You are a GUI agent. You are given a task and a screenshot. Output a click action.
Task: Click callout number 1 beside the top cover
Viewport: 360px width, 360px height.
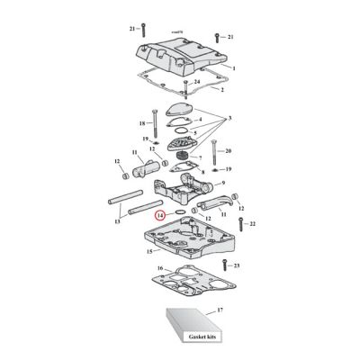pyautogui.click(x=233, y=68)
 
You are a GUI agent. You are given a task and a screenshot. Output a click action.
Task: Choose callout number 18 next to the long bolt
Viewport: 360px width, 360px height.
pyautogui.click(x=141, y=122)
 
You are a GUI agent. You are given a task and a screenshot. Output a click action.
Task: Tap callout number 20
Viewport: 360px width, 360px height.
pyautogui.click(x=229, y=150)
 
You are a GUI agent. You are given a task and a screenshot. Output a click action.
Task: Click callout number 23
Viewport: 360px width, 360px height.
pyautogui.click(x=238, y=267)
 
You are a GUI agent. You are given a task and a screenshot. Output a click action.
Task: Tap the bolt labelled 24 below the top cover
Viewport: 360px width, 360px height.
pyautogui.click(x=184, y=90)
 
